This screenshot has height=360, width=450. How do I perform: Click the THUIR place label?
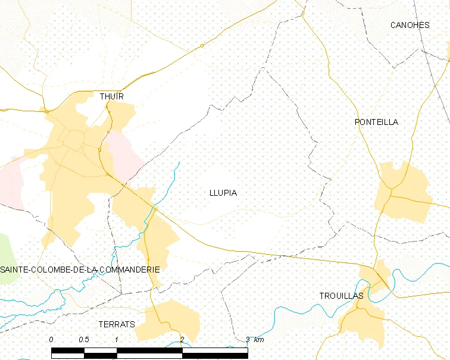point(112,96)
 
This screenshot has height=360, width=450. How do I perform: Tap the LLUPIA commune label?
point(223,193)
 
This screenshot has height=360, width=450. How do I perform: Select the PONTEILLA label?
point(376,122)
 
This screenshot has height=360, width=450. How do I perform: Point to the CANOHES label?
point(410,25)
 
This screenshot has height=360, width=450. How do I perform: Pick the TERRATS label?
point(117,324)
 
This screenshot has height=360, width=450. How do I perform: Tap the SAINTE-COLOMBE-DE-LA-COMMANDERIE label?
point(80,270)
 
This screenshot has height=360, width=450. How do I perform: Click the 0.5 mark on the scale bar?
point(83,340)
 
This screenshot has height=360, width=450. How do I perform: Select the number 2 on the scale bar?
point(182,340)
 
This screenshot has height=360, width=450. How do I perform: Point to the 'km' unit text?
point(258,340)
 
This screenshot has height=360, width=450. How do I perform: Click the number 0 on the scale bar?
point(51,340)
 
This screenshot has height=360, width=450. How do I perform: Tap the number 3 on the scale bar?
point(248,340)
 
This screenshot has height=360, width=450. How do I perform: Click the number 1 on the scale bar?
point(117,340)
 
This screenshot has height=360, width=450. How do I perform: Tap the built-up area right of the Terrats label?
point(173,320)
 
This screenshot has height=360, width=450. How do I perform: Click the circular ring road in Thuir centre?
point(75,140)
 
